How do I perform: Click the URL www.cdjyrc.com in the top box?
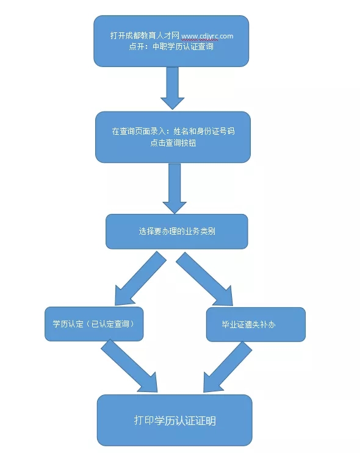(x=207, y=36)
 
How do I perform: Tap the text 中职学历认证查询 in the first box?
(x=183, y=46)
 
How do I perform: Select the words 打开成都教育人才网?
(x=145, y=35)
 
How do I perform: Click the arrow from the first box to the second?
(x=172, y=88)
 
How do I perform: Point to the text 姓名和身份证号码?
(x=204, y=132)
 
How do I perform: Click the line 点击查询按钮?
(x=173, y=143)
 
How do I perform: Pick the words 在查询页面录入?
(x=139, y=132)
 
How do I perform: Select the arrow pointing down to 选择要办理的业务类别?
(x=175, y=188)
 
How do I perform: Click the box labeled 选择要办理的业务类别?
(x=177, y=232)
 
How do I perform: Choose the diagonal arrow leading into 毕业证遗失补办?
(x=205, y=279)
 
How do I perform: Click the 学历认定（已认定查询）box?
(x=94, y=324)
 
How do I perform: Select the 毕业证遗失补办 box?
(x=256, y=324)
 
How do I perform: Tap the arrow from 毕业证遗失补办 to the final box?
(x=227, y=367)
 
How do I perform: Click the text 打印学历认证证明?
(x=175, y=421)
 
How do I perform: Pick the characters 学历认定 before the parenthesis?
(x=68, y=324)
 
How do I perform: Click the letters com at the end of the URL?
(x=226, y=36)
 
